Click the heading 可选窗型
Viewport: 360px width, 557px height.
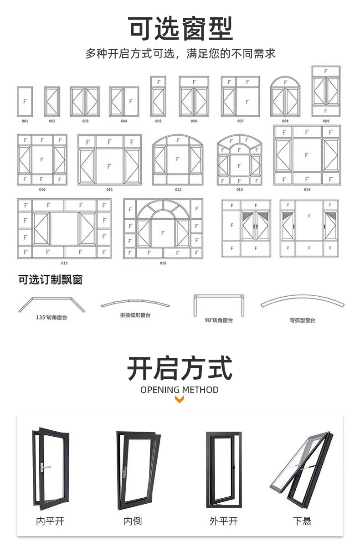tap(180, 28)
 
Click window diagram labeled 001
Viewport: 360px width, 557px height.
tap(25, 101)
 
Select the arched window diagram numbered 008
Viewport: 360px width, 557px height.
tap(285, 97)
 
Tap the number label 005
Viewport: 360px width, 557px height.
tap(158, 121)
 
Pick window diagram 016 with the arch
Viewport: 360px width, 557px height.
tap(163, 228)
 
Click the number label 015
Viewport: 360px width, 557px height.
tap(64, 263)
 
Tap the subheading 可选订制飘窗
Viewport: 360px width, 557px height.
tap(50, 279)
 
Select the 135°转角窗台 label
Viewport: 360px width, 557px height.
tap(51, 317)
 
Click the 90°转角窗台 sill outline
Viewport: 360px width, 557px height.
tap(219, 304)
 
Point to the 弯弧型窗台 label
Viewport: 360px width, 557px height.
tap(302, 320)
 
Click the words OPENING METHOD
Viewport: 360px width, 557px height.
tap(180, 390)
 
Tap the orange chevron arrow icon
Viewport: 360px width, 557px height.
tap(180, 400)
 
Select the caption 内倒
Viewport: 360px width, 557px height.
tap(132, 521)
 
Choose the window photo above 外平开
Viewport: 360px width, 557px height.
tap(222, 469)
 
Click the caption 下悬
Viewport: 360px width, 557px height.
tap(302, 521)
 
